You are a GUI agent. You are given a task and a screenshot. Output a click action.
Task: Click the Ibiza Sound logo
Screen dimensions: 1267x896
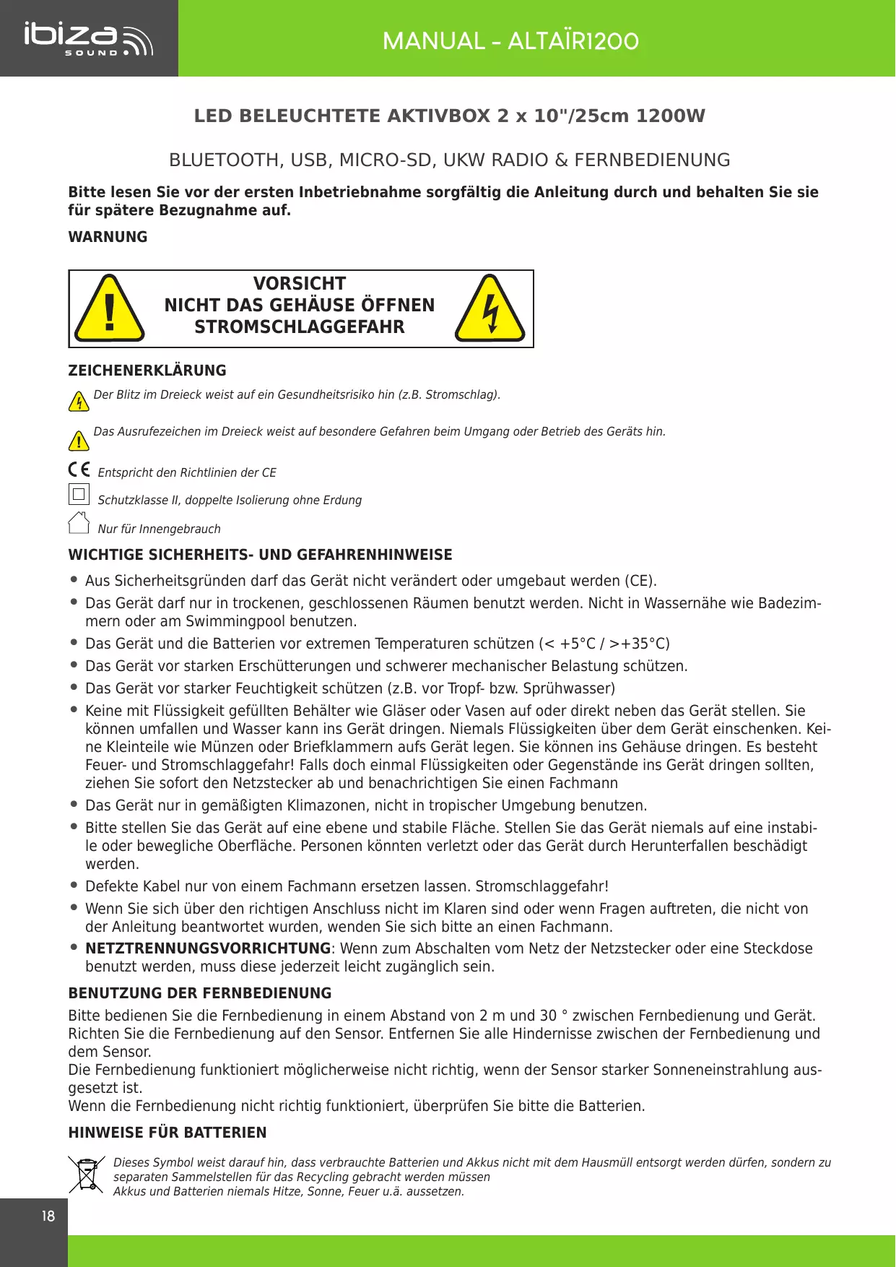pyautogui.click(x=88, y=39)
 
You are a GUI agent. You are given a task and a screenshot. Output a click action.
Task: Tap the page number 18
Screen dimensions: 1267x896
pyautogui.click(x=48, y=1216)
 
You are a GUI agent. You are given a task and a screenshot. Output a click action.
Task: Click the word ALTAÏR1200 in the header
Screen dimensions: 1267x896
pyautogui.click(x=573, y=41)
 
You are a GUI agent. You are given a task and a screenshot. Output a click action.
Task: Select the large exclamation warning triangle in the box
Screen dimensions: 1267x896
pyautogui.click(x=110, y=309)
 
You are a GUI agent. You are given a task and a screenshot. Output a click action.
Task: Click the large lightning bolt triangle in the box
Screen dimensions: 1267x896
pyautogui.click(x=490, y=309)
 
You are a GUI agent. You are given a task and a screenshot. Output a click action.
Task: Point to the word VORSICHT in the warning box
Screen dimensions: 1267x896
pyautogui.click(x=300, y=283)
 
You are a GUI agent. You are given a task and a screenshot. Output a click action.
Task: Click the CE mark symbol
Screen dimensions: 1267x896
pyautogui.click(x=79, y=469)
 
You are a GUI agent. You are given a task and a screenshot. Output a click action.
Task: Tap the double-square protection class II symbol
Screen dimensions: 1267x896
pyautogui.click(x=79, y=495)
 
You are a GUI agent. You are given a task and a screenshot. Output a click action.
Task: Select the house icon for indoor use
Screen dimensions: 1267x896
pyautogui.click(x=79, y=522)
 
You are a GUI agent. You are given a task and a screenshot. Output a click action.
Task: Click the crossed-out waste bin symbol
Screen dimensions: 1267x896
pyautogui.click(x=87, y=1175)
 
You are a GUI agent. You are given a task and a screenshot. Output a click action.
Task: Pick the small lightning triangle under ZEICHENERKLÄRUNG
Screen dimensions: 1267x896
pyautogui.click(x=79, y=401)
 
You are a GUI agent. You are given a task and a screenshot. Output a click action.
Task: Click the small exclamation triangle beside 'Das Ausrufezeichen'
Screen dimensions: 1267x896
pyautogui.click(x=79, y=439)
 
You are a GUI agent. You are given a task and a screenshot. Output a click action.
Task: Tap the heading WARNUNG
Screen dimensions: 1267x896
pyautogui.click(x=108, y=237)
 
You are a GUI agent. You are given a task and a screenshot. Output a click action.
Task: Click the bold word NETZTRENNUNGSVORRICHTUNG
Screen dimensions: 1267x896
pyautogui.click(x=208, y=948)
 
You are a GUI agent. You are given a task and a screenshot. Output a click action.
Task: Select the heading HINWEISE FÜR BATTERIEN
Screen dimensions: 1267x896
pyautogui.click(x=168, y=1133)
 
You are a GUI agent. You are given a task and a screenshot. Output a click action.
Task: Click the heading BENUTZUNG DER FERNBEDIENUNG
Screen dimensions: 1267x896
pyautogui.click(x=200, y=993)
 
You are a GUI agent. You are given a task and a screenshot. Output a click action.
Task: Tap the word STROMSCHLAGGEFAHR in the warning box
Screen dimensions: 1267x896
pyautogui.click(x=300, y=327)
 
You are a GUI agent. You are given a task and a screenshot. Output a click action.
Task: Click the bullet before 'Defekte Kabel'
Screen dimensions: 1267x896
pyautogui.click(x=74, y=885)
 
